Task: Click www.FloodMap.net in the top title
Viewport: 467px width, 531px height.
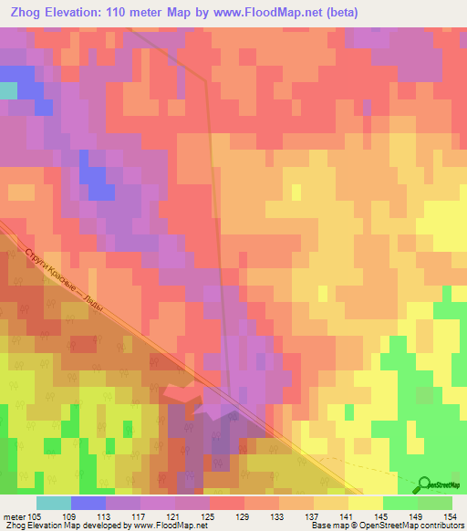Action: click(264, 12)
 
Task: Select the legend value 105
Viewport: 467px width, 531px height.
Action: click(34, 515)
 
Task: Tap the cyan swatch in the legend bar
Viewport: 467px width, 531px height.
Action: click(54, 503)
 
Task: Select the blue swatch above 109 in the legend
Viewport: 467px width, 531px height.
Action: click(88, 503)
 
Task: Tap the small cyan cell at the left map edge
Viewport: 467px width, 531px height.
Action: click(8, 90)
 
